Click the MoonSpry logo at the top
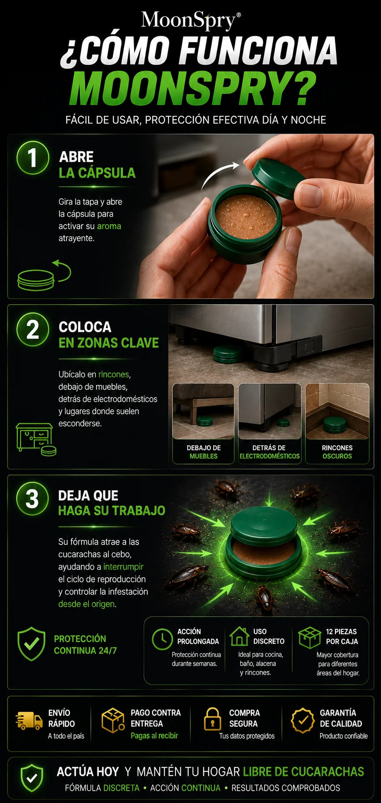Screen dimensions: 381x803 (190, 20)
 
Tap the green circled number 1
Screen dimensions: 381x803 (32, 157)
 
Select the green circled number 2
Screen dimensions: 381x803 (32, 329)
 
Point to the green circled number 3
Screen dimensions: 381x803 (32, 499)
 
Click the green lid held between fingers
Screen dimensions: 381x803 (277, 179)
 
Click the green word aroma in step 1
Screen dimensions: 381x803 (109, 226)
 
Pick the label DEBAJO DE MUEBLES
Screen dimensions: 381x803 (204, 452)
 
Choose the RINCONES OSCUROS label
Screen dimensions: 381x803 (337, 452)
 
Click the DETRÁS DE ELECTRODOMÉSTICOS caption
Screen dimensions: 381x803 (269, 452)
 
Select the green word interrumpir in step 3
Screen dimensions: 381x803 (123, 567)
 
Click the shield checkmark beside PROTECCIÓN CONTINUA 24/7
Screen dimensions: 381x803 (31, 644)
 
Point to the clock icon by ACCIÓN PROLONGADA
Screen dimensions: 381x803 (162, 639)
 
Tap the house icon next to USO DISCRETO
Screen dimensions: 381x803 (239, 636)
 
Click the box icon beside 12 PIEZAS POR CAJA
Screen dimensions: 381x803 (310, 638)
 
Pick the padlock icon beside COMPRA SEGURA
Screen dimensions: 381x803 (213, 719)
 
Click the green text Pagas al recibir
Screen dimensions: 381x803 (154, 736)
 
